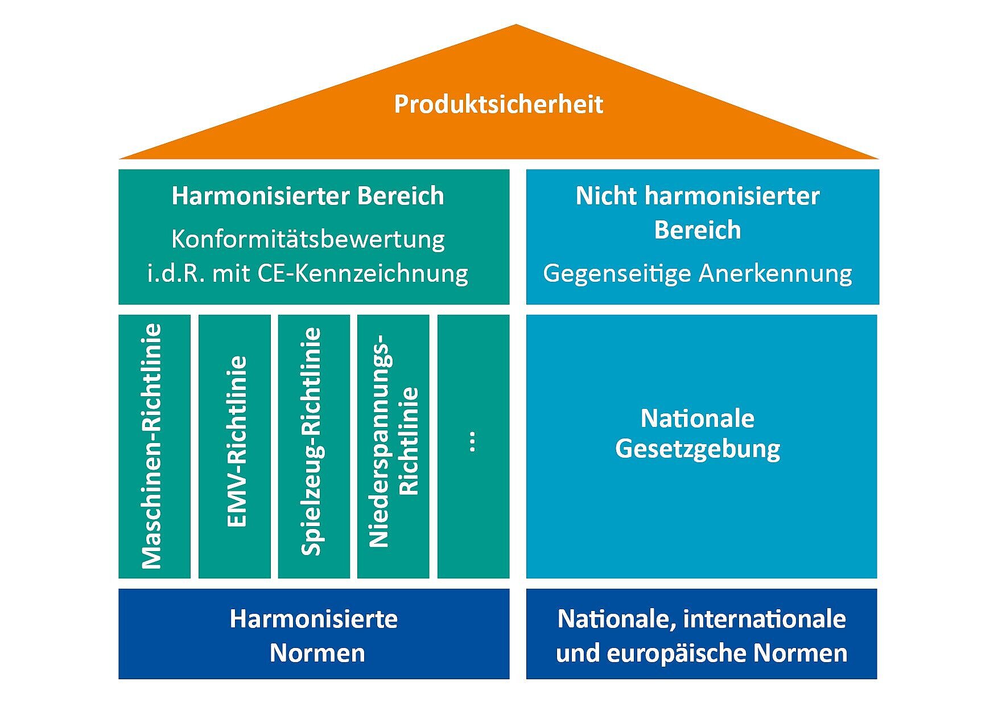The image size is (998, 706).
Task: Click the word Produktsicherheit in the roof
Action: pos(498,105)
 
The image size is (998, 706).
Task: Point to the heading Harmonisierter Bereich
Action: pos(308,196)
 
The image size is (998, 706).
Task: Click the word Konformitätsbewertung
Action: pos(308,239)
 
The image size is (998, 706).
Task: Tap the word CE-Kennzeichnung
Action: pos(363,274)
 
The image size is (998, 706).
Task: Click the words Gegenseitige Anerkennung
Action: pos(698,274)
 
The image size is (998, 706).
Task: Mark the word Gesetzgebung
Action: pos(698,449)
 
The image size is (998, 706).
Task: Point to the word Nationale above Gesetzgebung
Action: pos(698,418)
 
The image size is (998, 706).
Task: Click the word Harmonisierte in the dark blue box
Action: pos(314,619)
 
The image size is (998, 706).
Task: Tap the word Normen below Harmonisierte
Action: pos(317,653)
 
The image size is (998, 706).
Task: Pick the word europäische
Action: pos(677,653)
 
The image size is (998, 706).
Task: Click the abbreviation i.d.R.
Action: pos(176,274)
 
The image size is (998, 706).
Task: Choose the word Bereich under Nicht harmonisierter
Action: pos(698,230)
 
